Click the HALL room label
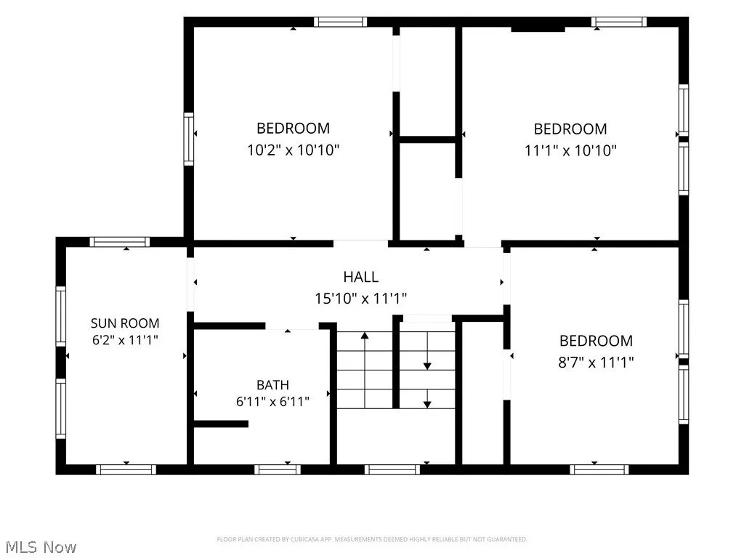tap(360, 277)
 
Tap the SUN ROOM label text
tap(125, 323)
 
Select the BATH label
tap(273, 385)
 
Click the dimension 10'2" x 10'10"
tap(294, 150)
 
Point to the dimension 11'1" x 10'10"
tap(570, 150)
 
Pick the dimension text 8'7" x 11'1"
tap(596, 363)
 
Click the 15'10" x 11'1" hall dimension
tap(360, 299)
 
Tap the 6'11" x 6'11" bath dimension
tap(273, 402)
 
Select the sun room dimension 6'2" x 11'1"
tap(125, 340)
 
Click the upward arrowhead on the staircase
tap(365, 336)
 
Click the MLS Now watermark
tap(41, 547)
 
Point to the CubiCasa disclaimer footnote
tap(372, 539)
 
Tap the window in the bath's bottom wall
tap(278, 470)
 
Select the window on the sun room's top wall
tap(120, 242)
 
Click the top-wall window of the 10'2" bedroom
tap(340, 22)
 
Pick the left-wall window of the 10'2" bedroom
tap(189, 139)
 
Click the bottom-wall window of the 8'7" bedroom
tap(599, 470)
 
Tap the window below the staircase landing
tap(392, 470)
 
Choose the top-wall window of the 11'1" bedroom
tap(619, 22)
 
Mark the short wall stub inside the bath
tap(221, 424)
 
